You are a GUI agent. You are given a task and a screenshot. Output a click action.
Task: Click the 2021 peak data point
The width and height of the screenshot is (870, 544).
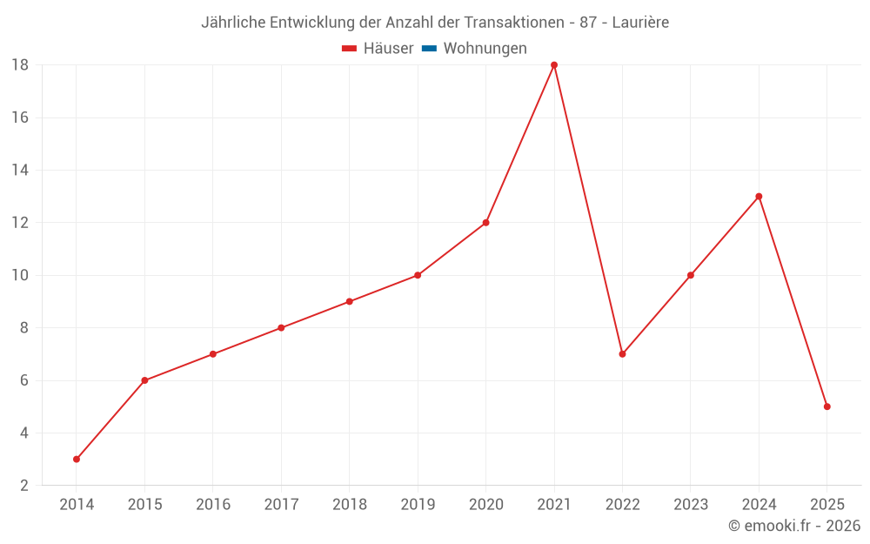pyautogui.click(x=554, y=65)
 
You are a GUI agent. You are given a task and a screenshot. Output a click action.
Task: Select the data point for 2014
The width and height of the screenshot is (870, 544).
pyautogui.click(x=77, y=459)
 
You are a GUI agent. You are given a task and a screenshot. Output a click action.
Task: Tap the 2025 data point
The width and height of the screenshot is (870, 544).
pyautogui.click(x=826, y=406)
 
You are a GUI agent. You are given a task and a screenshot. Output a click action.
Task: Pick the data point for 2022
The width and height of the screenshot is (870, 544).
pyautogui.click(x=622, y=354)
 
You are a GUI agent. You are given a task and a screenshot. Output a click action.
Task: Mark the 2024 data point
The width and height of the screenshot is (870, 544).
pyautogui.click(x=759, y=197)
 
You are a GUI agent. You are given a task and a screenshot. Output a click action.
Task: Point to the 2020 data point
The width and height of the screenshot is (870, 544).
pyautogui.click(x=485, y=223)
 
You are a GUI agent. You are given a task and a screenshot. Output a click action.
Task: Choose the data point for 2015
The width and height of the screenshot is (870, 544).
pyautogui.click(x=144, y=380)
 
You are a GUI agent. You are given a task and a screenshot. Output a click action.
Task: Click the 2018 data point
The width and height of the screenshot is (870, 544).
pyautogui.click(x=349, y=302)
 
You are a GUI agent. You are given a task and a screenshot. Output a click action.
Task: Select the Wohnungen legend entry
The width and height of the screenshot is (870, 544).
pyautogui.click(x=485, y=49)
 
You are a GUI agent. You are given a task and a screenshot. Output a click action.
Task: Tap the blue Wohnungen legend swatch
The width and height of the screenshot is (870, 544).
pyautogui.click(x=429, y=49)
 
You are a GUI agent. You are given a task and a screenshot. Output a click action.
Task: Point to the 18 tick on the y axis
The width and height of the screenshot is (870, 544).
pyautogui.click(x=20, y=65)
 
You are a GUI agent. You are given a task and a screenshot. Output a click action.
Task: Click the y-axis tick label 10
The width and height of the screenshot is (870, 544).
pyautogui.click(x=20, y=275)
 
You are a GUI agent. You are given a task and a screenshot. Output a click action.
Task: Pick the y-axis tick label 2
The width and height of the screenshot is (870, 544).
pyautogui.click(x=24, y=485)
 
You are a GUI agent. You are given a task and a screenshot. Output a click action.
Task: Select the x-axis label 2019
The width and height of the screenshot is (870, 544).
pyautogui.click(x=418, y=505)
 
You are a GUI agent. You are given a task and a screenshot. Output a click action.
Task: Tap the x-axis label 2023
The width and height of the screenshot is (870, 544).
pyautogui.click(x=691, y=505)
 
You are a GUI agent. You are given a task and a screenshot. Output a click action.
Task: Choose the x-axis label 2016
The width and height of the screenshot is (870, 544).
pyautogui.click(x=213, y=505)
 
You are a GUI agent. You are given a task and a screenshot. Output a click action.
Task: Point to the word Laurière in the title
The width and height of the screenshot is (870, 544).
pyautogui.click(x=640, y=23)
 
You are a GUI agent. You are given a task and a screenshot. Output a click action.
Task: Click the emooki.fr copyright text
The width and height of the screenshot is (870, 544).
pyautogui.click(x=794, y=526)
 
